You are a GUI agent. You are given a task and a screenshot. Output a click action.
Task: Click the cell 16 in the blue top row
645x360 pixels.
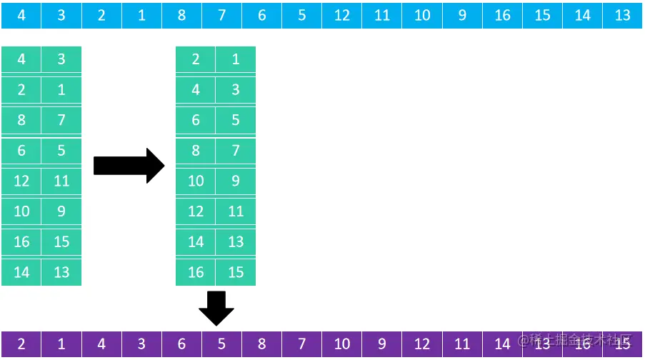502,15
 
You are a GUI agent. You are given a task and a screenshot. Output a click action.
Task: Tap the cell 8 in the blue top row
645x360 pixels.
181,15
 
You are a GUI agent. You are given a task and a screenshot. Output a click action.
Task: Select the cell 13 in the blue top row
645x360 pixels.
622,15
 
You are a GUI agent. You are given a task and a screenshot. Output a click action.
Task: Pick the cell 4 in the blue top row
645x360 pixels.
21,15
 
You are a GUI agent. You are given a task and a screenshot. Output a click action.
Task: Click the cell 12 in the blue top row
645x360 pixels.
342,15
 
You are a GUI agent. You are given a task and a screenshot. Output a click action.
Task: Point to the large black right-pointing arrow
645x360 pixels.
129,166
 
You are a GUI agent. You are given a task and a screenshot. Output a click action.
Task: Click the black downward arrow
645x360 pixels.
216,308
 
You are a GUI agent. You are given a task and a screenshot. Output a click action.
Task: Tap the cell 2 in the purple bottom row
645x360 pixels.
21,344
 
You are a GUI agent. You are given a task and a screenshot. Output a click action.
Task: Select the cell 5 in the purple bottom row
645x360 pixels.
221,344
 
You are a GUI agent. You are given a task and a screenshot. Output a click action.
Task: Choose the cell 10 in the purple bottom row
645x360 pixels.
342,344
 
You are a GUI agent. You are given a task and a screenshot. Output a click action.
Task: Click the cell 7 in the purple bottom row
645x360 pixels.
301,344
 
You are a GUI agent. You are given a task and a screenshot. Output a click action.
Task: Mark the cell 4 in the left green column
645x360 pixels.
21,59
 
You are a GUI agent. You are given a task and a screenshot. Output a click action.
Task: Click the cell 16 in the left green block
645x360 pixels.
21,241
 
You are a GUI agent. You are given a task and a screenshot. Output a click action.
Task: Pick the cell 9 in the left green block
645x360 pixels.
61,211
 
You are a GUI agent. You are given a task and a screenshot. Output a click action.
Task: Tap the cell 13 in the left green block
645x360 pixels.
61,272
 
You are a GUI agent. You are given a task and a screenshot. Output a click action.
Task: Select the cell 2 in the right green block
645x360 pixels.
196,59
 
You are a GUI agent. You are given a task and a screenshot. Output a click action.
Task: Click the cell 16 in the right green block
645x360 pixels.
196,272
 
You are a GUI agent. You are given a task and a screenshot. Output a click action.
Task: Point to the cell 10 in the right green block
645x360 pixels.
196,181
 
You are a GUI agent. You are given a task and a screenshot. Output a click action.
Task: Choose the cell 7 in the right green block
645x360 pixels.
236,151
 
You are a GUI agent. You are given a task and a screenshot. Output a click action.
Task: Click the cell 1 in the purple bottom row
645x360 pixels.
61,344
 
